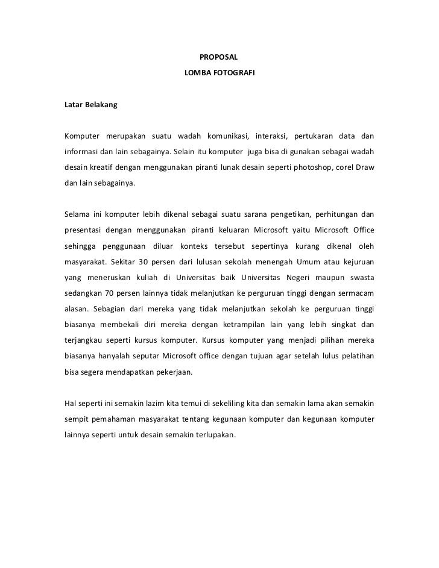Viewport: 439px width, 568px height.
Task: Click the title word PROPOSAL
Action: (219, 58)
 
